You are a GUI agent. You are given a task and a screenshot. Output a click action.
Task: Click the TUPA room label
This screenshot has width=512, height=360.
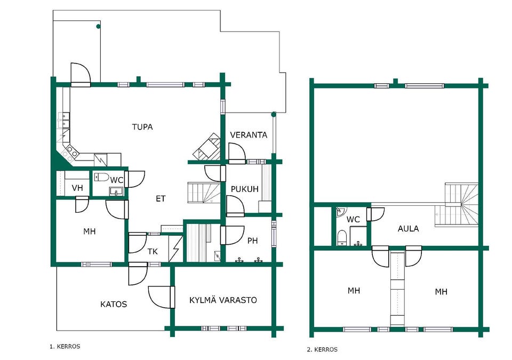coord(142,127)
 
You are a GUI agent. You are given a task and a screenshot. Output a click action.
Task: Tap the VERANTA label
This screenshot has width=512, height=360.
coord(249,135)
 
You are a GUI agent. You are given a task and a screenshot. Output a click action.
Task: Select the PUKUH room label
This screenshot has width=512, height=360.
coord(245,189)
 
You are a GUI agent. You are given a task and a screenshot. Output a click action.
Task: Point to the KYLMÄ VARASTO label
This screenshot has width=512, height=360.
coord(223,300)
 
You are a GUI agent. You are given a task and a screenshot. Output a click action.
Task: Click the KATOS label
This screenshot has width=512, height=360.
coord(114,305)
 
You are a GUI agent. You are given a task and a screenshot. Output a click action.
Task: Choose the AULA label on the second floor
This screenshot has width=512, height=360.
coord(408,229)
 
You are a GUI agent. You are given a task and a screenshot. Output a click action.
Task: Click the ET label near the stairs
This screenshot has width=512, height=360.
coord(161,198)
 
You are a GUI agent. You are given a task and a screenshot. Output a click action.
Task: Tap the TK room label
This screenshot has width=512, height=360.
coord(153,252)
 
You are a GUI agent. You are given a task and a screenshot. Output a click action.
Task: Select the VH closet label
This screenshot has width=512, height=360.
coord(77,188)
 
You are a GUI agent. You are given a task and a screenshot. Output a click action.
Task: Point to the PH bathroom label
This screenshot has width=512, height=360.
coord(252,241)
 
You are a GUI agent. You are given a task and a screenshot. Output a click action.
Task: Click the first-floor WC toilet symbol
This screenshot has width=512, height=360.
coord(101,177)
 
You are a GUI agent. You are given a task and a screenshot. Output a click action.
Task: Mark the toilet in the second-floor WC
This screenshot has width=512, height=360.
coord(341,237)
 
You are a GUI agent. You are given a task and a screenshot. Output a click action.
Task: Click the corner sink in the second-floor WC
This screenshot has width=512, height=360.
coord(340,211)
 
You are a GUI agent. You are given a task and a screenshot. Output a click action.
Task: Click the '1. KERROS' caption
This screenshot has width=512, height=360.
coord(65,346)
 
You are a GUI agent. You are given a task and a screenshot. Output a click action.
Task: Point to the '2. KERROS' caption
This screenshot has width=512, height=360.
coord(322,349)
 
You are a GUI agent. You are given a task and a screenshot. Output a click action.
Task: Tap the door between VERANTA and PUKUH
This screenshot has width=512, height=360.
coord(237,154)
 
